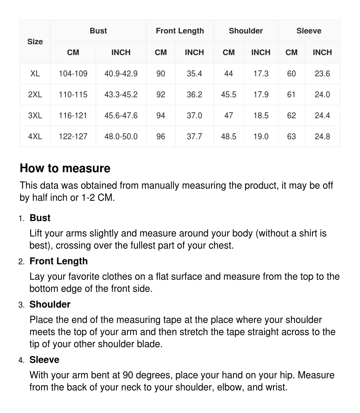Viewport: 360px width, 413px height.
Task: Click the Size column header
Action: pos(35,42)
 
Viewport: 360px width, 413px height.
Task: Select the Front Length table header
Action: pos(180,31)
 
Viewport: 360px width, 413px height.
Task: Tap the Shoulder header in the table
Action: pos(246,31)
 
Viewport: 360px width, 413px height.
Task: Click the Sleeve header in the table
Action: pos(309,31)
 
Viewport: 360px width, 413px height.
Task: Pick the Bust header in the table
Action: pos(98,31)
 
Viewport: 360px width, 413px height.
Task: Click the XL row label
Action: pos(35,74)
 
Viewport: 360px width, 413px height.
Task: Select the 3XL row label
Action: pos(35,116)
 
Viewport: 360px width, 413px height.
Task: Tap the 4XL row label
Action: pos(35,137)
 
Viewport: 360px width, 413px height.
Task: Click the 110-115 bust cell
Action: pos(73,95)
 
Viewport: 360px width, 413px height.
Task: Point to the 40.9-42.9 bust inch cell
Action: pos(121,74)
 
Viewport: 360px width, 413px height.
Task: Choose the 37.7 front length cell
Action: pos(194,137)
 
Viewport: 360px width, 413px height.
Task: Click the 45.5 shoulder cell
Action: pos(228,95)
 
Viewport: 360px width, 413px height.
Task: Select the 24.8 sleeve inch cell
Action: pos(322,137)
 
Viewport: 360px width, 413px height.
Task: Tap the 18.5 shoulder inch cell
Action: pos(261,116)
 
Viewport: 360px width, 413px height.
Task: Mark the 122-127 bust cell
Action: pos(73,137)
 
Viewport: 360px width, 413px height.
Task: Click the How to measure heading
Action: pos(65,168)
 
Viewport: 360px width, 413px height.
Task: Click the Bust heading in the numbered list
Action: pos(40,218)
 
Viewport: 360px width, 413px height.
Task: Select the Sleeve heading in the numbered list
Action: pos(45,360)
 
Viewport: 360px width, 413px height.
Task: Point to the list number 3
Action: pos(21,305)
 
